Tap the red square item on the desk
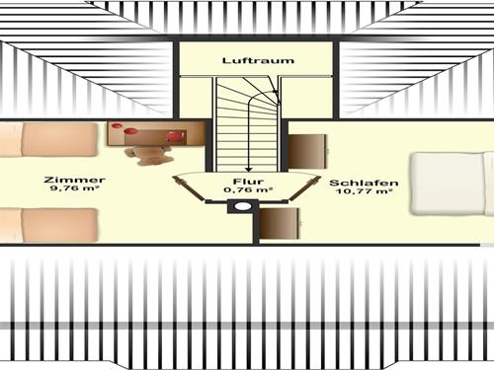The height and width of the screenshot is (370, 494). click(x=175, y=135)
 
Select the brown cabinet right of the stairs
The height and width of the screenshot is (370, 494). click(x=307, y=151)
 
